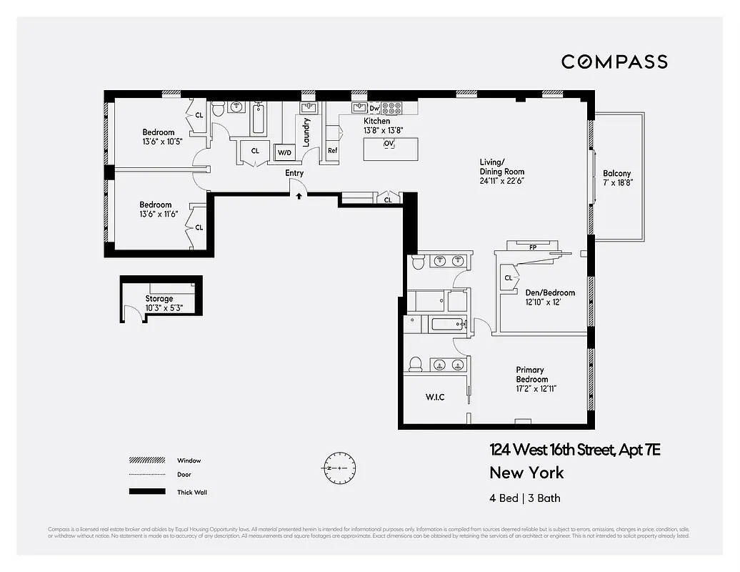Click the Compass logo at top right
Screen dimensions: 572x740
[614, 61]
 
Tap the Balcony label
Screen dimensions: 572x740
[616, 174]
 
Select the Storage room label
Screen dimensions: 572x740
[159, 299]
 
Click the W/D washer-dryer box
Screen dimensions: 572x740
[284, 152]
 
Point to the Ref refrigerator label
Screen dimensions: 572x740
[332, 151]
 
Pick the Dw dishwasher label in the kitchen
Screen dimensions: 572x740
[374, 109]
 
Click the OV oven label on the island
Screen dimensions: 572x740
[389, 144]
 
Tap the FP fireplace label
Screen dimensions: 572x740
[532, 247]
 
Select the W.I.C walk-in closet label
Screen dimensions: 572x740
[436, 397]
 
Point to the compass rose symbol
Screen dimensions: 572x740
[335, 468]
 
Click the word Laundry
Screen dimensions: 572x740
[306, 132]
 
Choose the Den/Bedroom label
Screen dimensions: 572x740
[550, 292]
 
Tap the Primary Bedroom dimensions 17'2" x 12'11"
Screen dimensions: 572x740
[536, 389]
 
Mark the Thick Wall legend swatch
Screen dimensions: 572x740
[142, 492]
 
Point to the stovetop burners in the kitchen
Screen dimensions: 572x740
[391, 109]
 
